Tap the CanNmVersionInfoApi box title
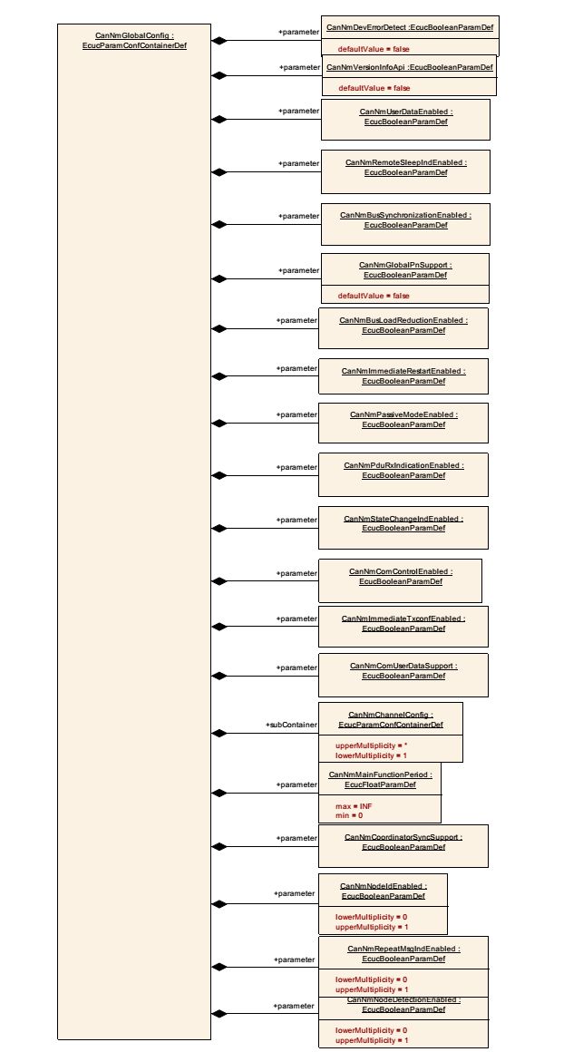point(409,67)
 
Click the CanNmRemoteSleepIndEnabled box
point(405,171)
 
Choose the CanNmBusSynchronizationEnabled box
point(405,223)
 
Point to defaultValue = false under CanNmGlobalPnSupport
point(374,296)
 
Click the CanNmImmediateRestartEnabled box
point(403,376)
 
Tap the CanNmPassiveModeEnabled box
point(403,423)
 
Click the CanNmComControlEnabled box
point(400,577)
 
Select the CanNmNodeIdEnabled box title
point(383,891)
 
